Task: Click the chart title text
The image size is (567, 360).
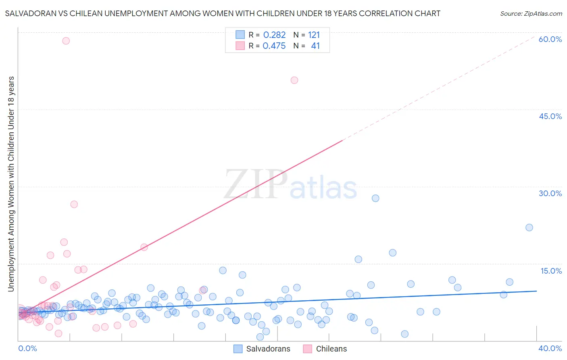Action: pyautogui.click(x=223, y=13)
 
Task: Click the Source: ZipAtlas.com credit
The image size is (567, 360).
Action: pyautogui.click(x=531, y=13)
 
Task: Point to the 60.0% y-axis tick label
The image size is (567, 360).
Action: pyautogui.click(x=550, y=39)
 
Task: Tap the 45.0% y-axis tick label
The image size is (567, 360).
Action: pyautogui.click(x=550, y=116)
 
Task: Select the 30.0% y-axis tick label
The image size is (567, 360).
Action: pyautogui.click(x=550, y=193)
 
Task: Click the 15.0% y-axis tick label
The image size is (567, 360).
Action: pyautogui.click(x=551, y=271)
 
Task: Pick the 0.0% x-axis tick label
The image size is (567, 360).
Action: pyautogui.click(x=27, y=348)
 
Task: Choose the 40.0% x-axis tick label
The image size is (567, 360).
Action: pyautogui.click(x=550, y=348)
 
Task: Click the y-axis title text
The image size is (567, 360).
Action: pyautogui.click(x=11, y=184)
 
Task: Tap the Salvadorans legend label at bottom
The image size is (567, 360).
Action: pyautogui.click(x=268, y=349)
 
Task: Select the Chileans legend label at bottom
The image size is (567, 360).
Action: pyautogui.click(x=331, y=349)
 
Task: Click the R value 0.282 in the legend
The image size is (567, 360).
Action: pyautogui.click(x=274, y=35)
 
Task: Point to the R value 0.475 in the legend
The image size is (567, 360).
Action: pyautogui.click(x=274, y=46)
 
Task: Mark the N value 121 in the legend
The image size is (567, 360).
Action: pyautogui.click(x=314, y=35)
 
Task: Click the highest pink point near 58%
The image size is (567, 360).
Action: pyautogui.click(x=66, y=41)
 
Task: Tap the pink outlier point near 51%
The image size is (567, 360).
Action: pyautogui.click(x=294, y=80)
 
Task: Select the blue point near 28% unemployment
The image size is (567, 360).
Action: pyautogui.click(x=375, y=198)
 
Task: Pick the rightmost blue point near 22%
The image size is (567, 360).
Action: pyautogui.click(x=529, y=228)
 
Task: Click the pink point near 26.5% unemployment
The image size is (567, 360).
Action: pyautogui.click(x=74, y=204)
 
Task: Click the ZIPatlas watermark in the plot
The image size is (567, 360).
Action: pyautogui.click(x=290, y=184)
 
